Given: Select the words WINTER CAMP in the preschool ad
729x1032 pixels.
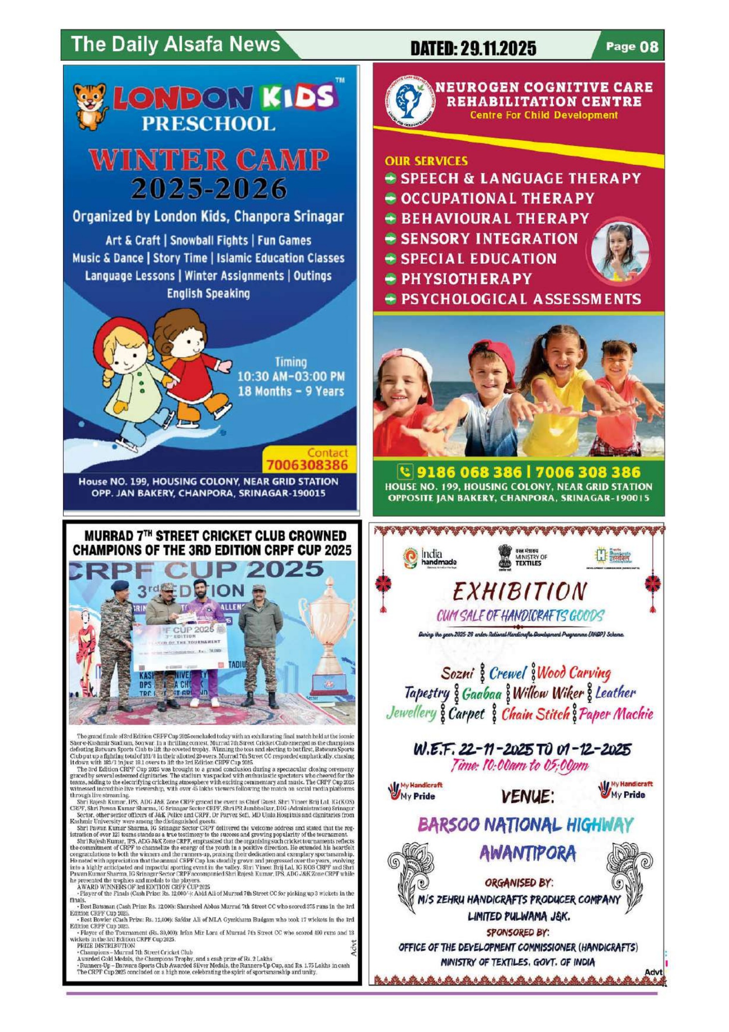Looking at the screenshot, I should pos(209,161).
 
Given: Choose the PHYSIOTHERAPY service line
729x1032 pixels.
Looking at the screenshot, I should pos(466,279).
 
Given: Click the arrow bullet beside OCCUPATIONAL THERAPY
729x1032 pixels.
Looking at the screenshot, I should pos(392,198).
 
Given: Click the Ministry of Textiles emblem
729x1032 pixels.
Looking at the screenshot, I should pos(506,557).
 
